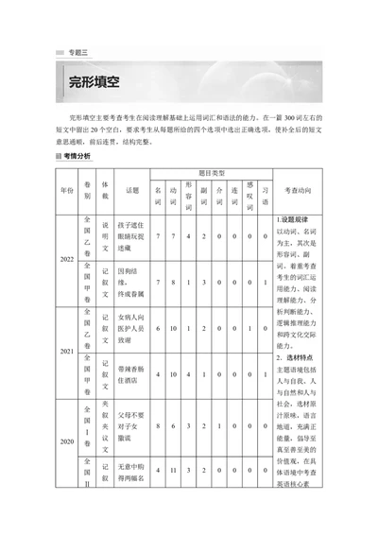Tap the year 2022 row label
tap(65, 258)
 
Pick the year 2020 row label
tap(65, 440)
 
